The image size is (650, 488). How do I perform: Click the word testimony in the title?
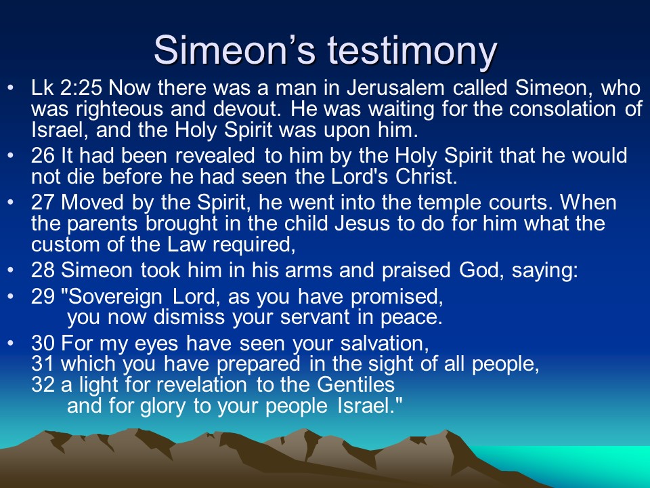click(412, 51)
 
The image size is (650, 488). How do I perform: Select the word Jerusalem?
click(395, 88)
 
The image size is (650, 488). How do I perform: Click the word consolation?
click(563, 109)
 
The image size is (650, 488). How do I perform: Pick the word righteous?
click(120, 109)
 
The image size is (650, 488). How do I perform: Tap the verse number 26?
click(43, 156)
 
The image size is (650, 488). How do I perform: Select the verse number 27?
click(43, 203)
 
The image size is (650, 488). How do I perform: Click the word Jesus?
click(362, 224)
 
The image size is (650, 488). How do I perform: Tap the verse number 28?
click(43, 270)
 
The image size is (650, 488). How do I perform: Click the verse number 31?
click(42, 364)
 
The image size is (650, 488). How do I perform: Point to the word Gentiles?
click(355, 384)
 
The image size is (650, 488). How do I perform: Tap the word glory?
click(163, 406)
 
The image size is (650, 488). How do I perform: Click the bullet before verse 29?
click(11, 297)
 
